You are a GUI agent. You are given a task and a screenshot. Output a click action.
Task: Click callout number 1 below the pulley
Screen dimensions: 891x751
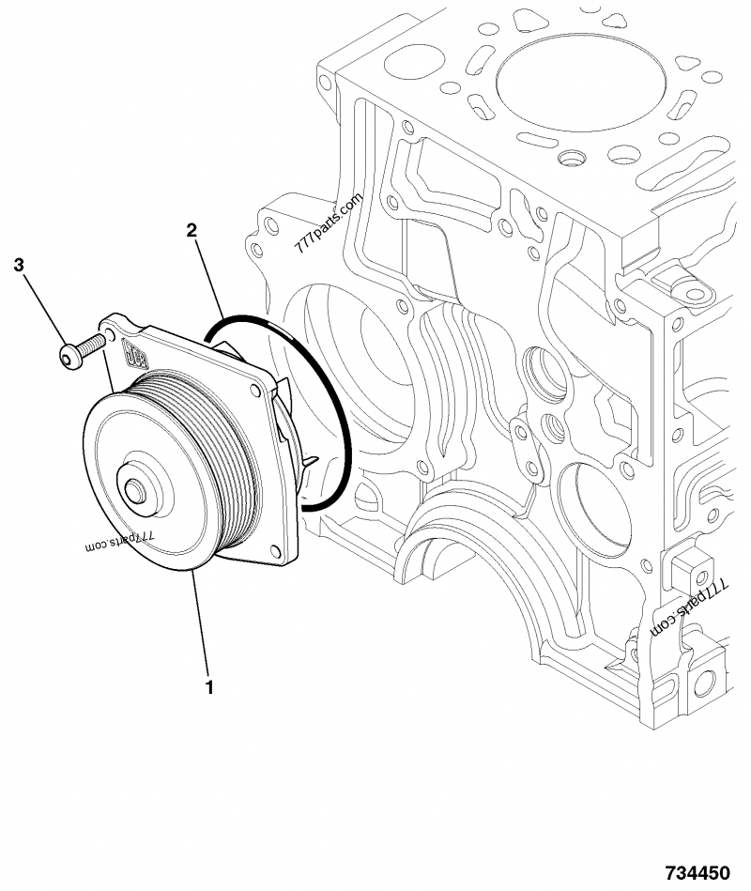209,687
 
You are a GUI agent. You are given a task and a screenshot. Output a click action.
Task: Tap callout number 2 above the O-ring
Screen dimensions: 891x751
192,230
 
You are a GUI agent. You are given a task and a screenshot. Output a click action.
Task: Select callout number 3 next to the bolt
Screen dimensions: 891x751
20,266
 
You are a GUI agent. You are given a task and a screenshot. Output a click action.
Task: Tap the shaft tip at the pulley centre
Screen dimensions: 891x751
133,490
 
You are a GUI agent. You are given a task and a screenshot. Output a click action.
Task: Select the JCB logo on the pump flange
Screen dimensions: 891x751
137,358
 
